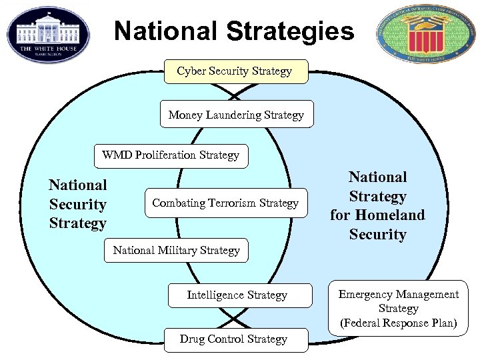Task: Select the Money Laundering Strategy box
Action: coord(236,115)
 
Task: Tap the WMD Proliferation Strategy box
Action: coord(171,155)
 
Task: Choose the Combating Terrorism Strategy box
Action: coord(225,203)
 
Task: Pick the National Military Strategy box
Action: coord(176,251)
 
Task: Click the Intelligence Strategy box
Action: coord(237,295)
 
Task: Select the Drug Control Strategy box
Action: coord(233,339)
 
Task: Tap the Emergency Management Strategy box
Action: coord(399,308)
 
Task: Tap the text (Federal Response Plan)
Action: coord(399,323)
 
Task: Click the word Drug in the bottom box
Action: coord(191,339)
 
